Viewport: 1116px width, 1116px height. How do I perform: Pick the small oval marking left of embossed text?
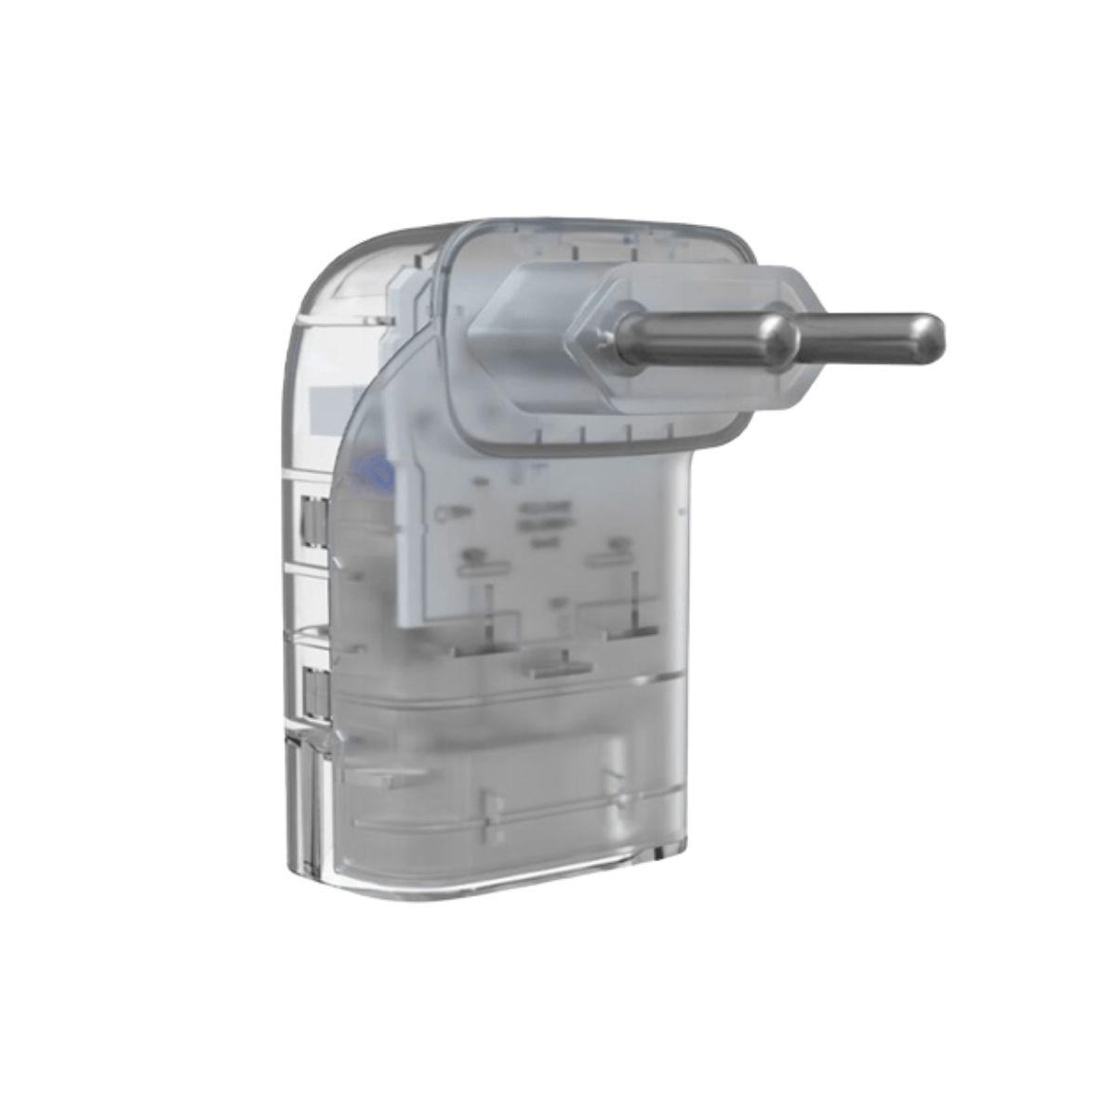(445, 511)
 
